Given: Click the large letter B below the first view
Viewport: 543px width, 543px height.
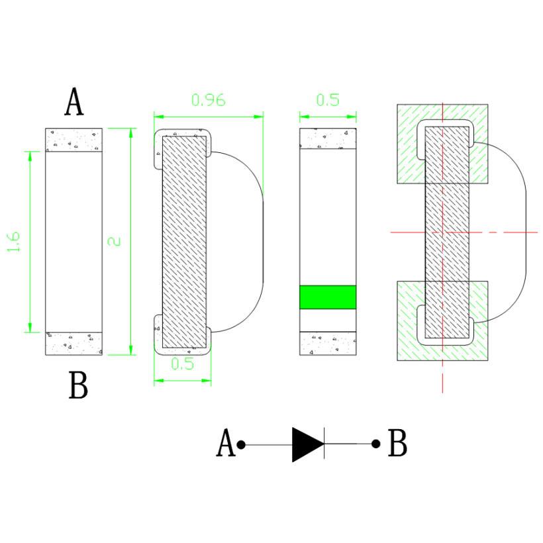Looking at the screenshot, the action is [79, 385].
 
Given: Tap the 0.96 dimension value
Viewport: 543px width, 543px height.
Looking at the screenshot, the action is [209, 100].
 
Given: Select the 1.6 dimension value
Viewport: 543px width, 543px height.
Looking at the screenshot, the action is [14, 242].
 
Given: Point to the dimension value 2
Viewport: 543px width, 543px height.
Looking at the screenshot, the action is [115, 242].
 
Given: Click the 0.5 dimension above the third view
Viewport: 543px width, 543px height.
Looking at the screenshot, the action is [328, 100].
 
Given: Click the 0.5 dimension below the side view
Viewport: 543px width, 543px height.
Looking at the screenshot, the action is [183, 364].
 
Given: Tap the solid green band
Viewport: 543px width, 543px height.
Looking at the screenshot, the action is [328, 297].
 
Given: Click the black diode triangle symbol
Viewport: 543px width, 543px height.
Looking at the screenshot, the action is [308, 444].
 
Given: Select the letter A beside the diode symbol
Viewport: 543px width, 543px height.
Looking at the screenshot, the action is [226, 442].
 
